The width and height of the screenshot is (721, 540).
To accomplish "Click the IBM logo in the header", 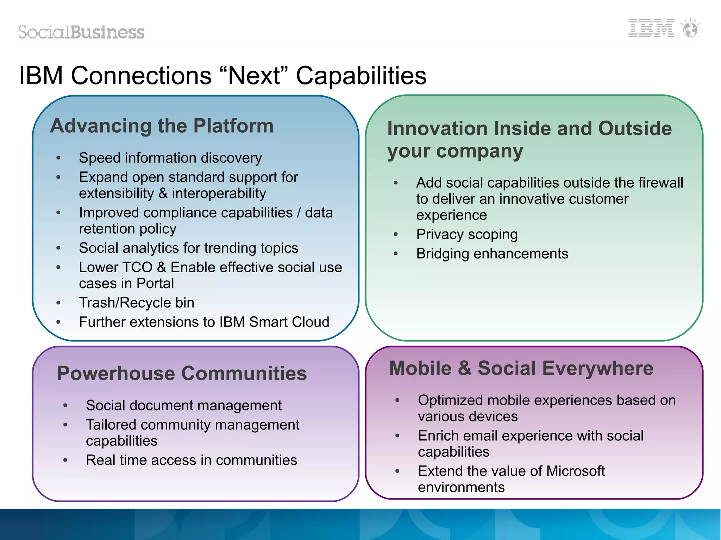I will (x=651, y=28).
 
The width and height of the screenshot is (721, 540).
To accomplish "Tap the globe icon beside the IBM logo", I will (x=690, y=29).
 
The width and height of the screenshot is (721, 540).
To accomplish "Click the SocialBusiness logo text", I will (x=81, y=32).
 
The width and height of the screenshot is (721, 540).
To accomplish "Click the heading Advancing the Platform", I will (x=162, y=126).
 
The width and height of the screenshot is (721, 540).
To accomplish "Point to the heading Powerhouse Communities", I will (x=182, y=373).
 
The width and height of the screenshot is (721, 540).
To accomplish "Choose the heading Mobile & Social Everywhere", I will (x=521, y=368).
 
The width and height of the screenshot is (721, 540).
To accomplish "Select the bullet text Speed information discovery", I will (x=170, y=158).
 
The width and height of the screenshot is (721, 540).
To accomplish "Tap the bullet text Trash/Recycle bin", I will (x=137, y=303).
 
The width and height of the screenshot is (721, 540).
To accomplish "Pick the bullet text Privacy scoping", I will (x=467, y=235).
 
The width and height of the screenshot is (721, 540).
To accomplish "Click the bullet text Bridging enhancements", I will (x=492, y=254).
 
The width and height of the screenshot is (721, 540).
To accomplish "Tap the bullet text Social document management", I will (x=184, y=406).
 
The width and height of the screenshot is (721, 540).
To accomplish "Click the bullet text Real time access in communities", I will (x=192, y=460).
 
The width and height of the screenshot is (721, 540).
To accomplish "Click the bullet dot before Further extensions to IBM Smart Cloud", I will (x=58, y=322).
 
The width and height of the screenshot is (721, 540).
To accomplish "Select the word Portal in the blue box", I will (x=155, y=284).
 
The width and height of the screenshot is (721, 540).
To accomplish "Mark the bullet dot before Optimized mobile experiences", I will (x=397, y=400).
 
